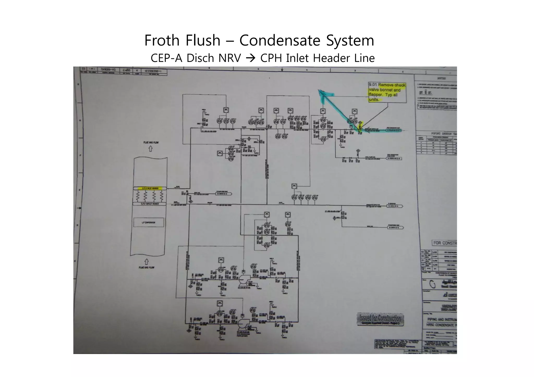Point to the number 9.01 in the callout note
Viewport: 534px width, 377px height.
click(373, 85)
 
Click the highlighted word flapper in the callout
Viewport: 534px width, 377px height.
click(375, 95)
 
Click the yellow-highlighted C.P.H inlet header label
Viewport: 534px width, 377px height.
click(149, 188)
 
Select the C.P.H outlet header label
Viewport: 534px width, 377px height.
click(149, 204)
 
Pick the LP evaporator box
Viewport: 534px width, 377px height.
click(149, 223)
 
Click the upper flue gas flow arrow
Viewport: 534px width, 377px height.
click(150, 149)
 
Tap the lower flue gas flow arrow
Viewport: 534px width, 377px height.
click(147, 261)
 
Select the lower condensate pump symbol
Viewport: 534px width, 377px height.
click(243, 324)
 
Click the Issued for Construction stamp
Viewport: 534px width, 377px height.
click(380, 319)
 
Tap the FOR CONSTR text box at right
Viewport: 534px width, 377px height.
click(444, 243)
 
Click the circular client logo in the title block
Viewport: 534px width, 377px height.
click(433, 285)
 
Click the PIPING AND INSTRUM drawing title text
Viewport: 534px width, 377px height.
click(442, 319)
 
